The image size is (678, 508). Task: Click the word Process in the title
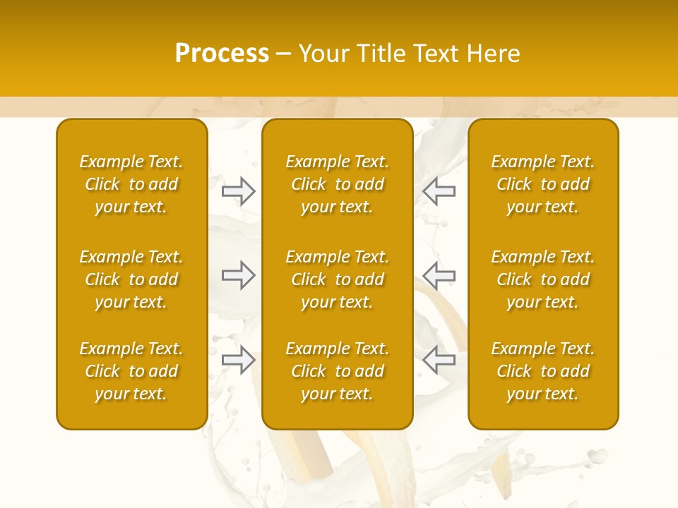click(x=222, y=54)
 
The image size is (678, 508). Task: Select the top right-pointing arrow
click(x=238, y=190)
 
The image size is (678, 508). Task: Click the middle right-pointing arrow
click(x=238, y=275)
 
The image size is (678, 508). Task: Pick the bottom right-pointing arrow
click(x=238, y=360)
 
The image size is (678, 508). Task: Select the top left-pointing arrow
click(x=439, y=190)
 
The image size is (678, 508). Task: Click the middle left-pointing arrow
click(x=439, y=275)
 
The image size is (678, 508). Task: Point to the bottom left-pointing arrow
click(x=439, y=360)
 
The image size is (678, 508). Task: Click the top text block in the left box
click(x=131, y=184)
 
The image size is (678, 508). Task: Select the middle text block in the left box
click(x=131, y=279)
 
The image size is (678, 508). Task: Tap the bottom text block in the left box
click(x=131, y=371)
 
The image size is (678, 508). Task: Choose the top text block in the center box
click(x=337, y=184)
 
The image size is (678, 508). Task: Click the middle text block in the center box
click(x=337, y=279)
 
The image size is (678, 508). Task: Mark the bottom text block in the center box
click(x=337, y=371)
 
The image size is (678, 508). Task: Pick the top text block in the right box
click(x=542, y=184)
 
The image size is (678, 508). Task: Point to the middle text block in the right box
click(x=542, y=279)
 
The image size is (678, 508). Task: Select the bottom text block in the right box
click(x=542, y=371)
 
